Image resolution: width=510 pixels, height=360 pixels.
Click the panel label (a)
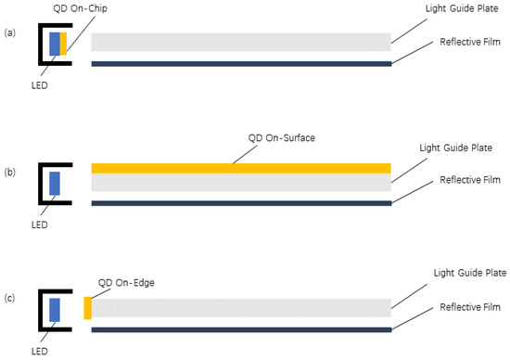point(10,32)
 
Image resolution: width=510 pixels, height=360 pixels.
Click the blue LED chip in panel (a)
point(54,44)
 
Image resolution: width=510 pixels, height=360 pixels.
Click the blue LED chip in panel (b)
point(54,182)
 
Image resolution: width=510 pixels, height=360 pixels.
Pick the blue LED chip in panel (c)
point(54,309)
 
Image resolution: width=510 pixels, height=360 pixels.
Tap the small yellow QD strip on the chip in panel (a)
point(63,44)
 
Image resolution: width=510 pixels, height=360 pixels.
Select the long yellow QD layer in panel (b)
point(241,168)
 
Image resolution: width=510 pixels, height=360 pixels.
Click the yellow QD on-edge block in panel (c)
point(88,308)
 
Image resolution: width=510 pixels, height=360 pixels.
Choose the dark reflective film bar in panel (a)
point(241,63)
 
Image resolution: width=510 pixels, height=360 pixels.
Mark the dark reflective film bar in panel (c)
point(241,328)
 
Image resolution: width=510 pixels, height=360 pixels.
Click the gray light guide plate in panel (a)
point(241,42)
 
